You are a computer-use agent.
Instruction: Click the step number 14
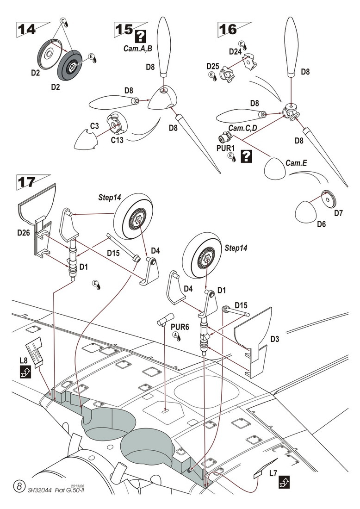pyautogui.click(x=27, y=30)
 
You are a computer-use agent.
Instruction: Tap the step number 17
pyautogui.click(x=26, y=182)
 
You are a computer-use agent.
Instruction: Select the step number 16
pyautogui.click(x=228, y=30)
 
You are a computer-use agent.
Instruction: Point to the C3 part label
pyautogui.click(x=94, y=126)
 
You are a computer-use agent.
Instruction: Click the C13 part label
pyautogui.click(x=117, y=141)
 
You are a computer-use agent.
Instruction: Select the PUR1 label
pyautogui.click(x=225, y=149)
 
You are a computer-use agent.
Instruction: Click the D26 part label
pyautogui.click(x=24, y=232)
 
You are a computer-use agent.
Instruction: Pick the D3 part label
pyautogui.click(x=274, y=339)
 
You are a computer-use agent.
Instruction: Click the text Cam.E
pyautogui.click(x=296, y=163)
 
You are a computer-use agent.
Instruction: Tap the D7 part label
pyautogui.click(x=339, y=213)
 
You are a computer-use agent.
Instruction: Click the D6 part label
pyautogui.click(x=322, y=224)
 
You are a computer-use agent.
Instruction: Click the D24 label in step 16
pyautogui.click(x=236, y=51)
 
